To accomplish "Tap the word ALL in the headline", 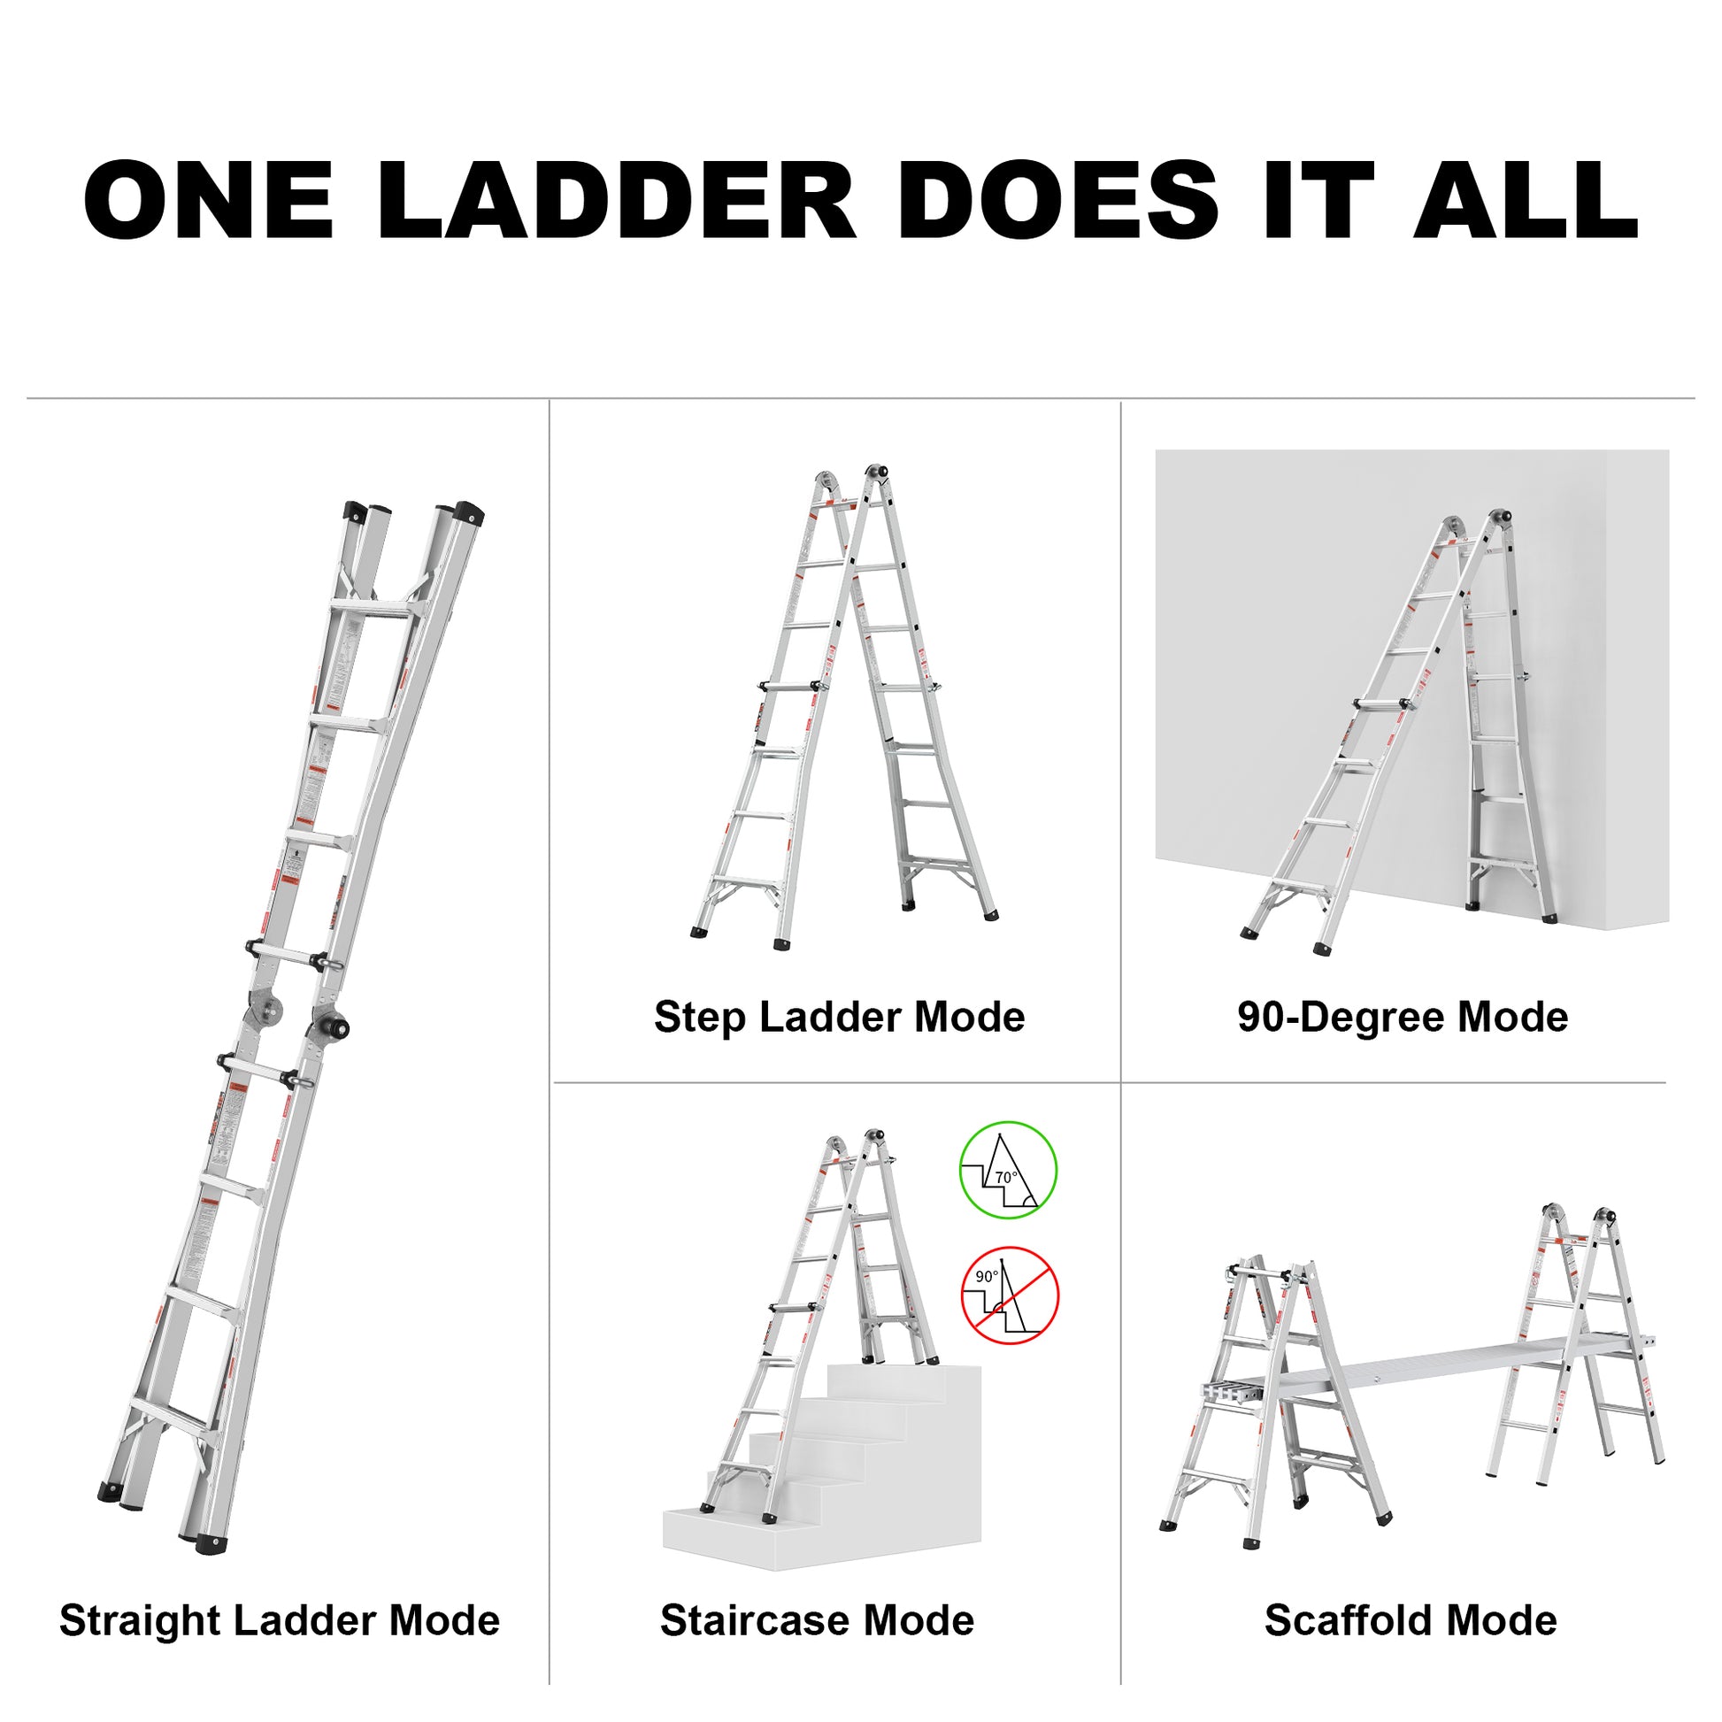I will (x=1525, y=200).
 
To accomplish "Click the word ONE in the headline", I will (x=209, y=200).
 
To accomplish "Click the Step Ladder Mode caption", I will (x=839, y=1017).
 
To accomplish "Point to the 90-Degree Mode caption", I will (x=1402, y=1017).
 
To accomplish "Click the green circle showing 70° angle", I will (x=1007, y=1170).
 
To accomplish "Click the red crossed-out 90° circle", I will (x=1009, y=1296).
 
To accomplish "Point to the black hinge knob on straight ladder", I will (x=339, y=1027).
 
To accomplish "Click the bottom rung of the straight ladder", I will (x=171, y=1417).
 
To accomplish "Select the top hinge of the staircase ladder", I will (x=875, y=1138).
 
